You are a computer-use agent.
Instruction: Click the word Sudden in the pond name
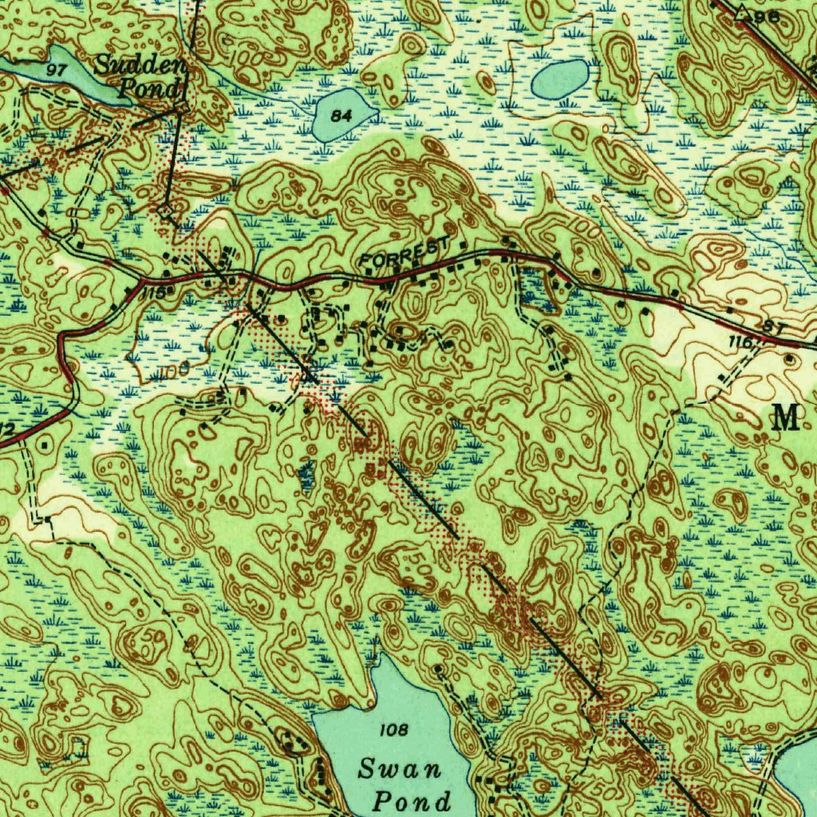click(140, 66)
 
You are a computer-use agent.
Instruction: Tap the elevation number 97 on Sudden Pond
click(56, 70)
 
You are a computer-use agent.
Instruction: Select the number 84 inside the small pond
click(341, 116)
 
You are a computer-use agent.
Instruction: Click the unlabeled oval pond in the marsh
click(560, 79)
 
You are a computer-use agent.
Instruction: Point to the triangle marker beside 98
click(742, 11)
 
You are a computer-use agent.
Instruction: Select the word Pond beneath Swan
click(412, 800)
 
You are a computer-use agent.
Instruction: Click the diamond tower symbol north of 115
click(165, 211)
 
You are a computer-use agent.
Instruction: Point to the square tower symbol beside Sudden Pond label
click(182, 105)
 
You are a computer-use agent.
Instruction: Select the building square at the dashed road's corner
click(48, 519)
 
